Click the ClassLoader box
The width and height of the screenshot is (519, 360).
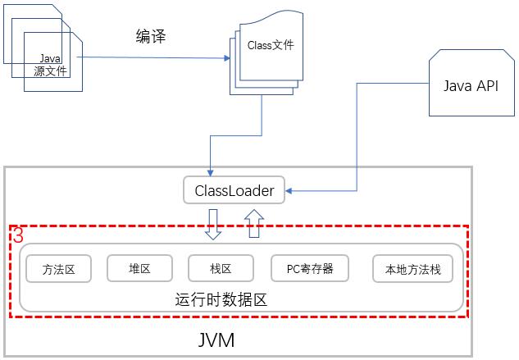(x=234, y=192)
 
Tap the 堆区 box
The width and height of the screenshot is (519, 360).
(x=139, y=268)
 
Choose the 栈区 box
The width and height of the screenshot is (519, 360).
(x=221, y=268)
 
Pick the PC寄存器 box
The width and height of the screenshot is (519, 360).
(x=309, y=268)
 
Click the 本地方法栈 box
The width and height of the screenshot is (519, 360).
(x=412, y=268)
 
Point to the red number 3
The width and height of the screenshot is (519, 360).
(x=18, y=236)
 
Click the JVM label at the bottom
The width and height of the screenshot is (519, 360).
(x=216, y=339)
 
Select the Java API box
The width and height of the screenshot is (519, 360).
(x=470, y=86)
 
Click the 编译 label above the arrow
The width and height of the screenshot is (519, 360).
(x=151, y=37)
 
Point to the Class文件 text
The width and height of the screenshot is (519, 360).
(x=270, y=46)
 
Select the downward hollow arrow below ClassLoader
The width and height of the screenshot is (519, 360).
(x=213, y=223)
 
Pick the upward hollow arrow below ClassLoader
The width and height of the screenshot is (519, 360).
(x=253, y=222)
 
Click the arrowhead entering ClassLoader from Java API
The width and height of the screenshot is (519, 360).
(x=290, y=193)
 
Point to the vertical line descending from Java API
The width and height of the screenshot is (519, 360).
(x=357, y=139)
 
